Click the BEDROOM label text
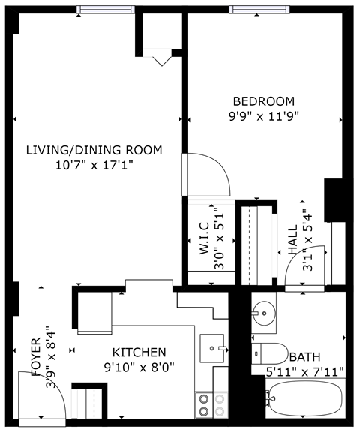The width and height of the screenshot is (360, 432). (263, 101)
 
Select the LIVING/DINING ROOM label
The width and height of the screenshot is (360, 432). (94, 150)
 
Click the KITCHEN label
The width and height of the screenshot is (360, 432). (139, 352)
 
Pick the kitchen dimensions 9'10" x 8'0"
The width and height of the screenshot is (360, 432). (139, 367)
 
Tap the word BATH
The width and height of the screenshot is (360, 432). (304, 357)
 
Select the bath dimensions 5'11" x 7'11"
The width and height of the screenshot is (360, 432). (304, 370)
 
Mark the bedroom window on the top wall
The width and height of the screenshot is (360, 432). (255, 10)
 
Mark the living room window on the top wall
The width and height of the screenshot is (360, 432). (100, 10)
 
